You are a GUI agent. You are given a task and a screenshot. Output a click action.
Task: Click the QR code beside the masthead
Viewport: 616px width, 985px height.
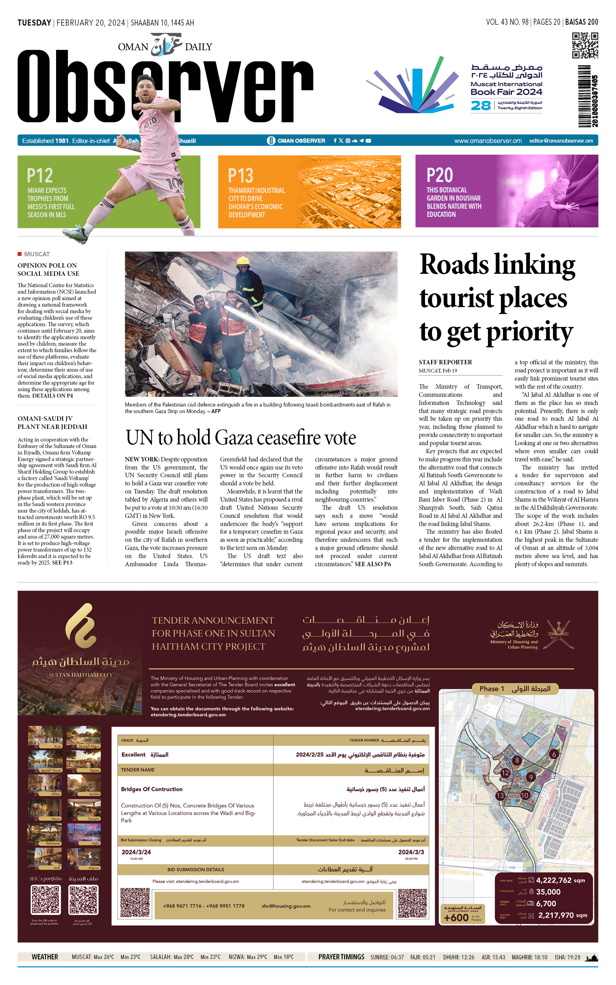(x=585, y=45)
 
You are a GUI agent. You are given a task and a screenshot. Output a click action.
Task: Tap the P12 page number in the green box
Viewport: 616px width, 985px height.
(x=40, y=175)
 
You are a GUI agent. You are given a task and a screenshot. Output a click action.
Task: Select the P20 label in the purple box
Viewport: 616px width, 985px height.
(x=440, y=175)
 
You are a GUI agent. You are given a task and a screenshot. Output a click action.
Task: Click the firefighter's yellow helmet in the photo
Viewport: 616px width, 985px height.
(x=243, y=261)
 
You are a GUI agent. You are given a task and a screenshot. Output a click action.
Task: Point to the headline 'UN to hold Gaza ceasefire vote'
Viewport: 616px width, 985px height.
(x=241, y=438)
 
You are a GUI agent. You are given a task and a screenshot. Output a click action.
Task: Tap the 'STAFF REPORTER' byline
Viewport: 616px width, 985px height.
(x=445, y=362)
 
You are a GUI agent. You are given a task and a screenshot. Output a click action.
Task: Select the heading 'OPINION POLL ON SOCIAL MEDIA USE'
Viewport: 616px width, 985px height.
(x=48, y=269)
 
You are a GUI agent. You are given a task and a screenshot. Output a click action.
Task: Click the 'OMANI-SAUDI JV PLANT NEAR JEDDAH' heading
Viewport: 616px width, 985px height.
(x=52, y=422)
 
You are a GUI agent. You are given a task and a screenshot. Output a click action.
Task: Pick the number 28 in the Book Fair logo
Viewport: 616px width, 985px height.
(x=481, y=106)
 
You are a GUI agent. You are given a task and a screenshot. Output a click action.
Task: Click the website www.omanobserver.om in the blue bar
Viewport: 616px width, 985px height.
(x=488, y=141)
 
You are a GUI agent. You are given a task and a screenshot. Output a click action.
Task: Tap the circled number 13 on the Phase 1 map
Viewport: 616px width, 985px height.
(x=500, y=795)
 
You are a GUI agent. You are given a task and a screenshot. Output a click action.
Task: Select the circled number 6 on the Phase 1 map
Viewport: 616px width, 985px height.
(x=554, y=754)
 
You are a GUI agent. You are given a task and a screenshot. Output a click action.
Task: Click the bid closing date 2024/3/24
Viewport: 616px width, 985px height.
(x=136, y=852)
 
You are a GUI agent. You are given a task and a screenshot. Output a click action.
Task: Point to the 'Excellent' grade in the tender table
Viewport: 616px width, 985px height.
(x=133, y=755)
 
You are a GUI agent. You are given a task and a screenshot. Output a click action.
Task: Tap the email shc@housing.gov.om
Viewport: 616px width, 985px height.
(x=286, y=906)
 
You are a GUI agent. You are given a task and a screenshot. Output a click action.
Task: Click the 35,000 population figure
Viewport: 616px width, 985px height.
(x=548, y=892)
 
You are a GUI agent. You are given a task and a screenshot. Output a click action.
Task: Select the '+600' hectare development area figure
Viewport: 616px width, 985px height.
(x=456, y=918)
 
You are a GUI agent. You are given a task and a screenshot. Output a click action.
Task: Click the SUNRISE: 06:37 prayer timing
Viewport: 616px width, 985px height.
(x=387, y=957)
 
